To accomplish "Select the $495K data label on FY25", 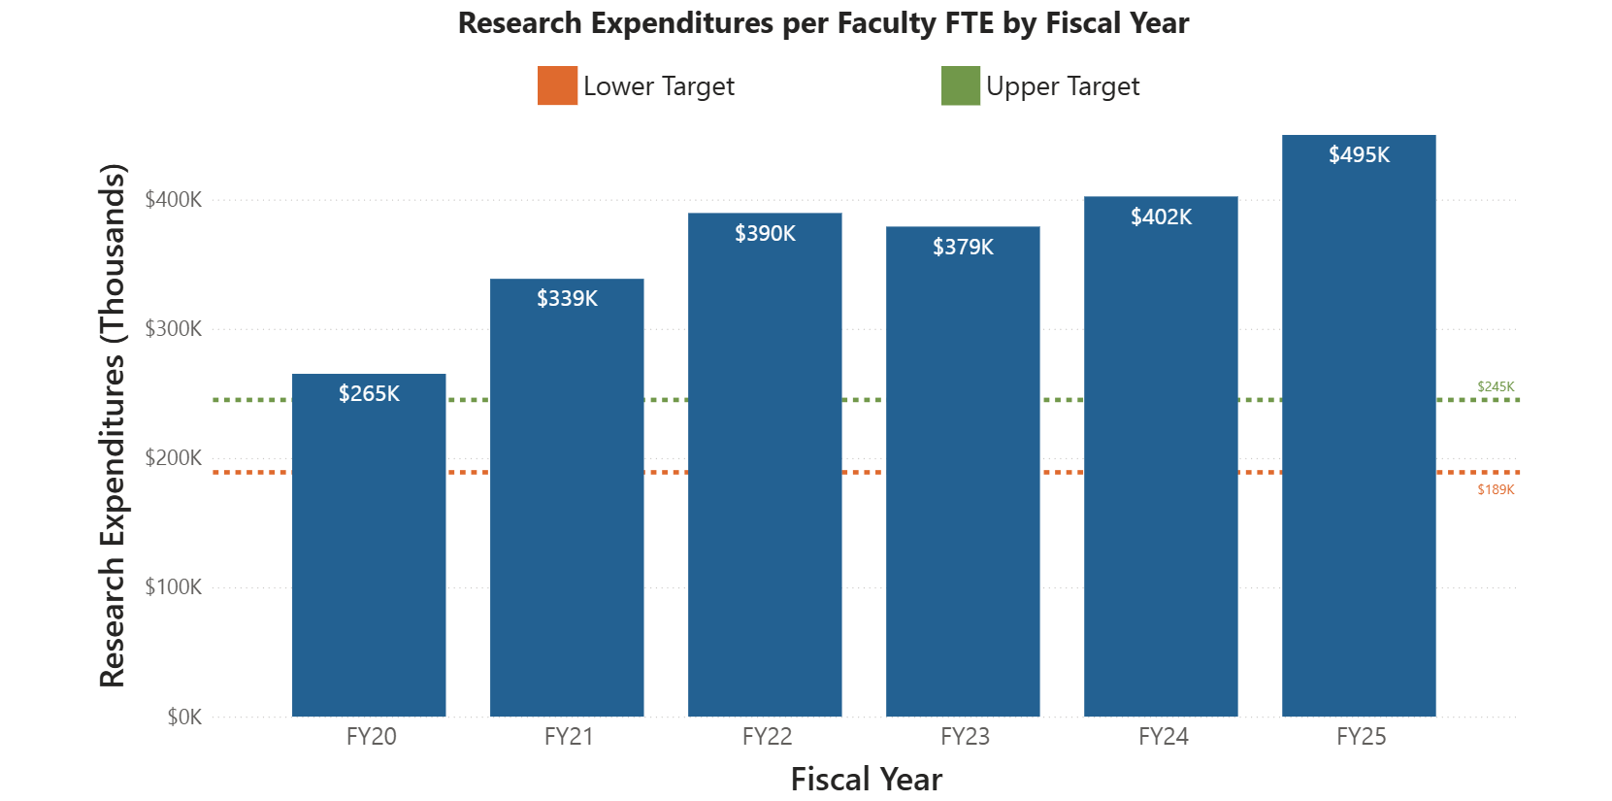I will (1359, 155).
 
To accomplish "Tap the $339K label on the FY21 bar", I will (567, 299).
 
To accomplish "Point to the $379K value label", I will (963, 248).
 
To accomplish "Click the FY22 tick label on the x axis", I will (767, 737).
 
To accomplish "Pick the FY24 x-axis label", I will (1163, 737).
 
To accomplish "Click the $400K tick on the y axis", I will (174, 200).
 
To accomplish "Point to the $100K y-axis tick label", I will (174, 587).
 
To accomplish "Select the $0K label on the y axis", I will (184, 718).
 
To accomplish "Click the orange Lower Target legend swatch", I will (557, 86).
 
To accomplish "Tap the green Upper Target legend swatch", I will (960, 86).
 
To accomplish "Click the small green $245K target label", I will (1496, 386).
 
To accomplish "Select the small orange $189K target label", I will (1496, 489).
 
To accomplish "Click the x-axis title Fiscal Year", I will (866, 780).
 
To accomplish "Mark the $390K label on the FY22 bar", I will (765, 234).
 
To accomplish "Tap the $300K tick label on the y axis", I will (174, 329).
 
